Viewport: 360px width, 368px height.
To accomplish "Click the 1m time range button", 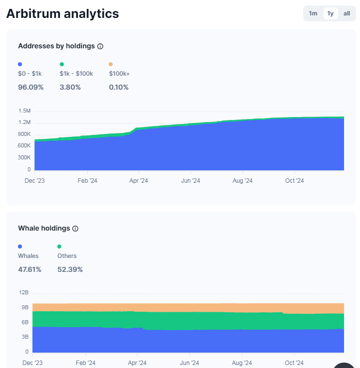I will pyautogui.click(x=313, y=13).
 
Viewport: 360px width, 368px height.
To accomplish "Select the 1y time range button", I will pyautogui.click(x=330, y=13).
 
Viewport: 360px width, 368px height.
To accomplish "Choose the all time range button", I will pyautogui.click(x=347, y=13).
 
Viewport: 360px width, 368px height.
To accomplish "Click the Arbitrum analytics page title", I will pyautogui.click(x=62, y=13).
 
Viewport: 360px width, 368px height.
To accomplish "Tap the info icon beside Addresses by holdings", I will pyautogui.click(x=100, y=46).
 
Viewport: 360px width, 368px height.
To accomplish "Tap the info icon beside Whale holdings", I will pyautogui.click(x=75, y=229).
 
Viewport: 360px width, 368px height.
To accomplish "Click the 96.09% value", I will pyautogui.click(x=30, y=87).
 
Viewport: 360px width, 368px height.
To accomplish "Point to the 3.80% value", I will pyautogui.click(x=70, y=87).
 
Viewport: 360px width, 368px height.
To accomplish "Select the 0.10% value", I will pyautogui.click(x=119, y=87).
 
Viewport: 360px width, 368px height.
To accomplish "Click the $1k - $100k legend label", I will pyautogui.click(x=76, y=74).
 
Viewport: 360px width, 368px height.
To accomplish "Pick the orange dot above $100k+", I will pyautogui.click(x=111, y=64).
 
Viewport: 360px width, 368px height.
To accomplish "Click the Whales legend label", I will pyautogui.click(x=28, y=256).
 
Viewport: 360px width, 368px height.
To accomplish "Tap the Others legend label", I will pyautogui.click(x=67, y=256).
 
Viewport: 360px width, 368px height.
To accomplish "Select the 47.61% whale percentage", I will pyautogui.click(x=29, y=269).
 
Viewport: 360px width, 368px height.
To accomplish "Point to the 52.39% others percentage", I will pyautogui.click(x=70, y=269).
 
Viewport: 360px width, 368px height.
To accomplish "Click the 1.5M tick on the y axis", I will pyautogui.click(x=24, y=111).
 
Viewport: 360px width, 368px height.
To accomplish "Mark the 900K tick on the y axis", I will pyautogui.click(x=24, y=134).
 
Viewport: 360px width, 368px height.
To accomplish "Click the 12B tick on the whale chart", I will pyautogui.click(x=24, y=293).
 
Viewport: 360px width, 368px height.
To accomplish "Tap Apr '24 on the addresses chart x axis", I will pyautogui.click(x=139, y=181).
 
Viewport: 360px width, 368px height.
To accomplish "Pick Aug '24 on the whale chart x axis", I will pyautogui.click(x=242, y=363).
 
